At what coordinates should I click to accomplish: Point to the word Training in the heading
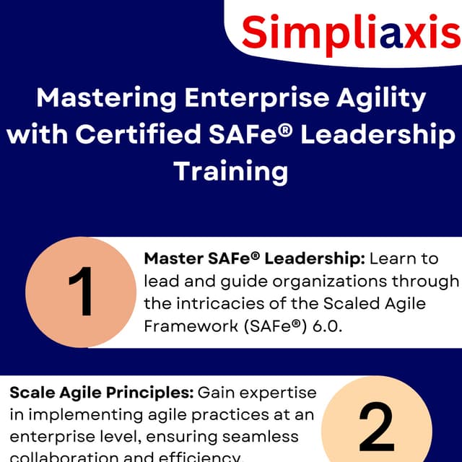pos(230,171)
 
